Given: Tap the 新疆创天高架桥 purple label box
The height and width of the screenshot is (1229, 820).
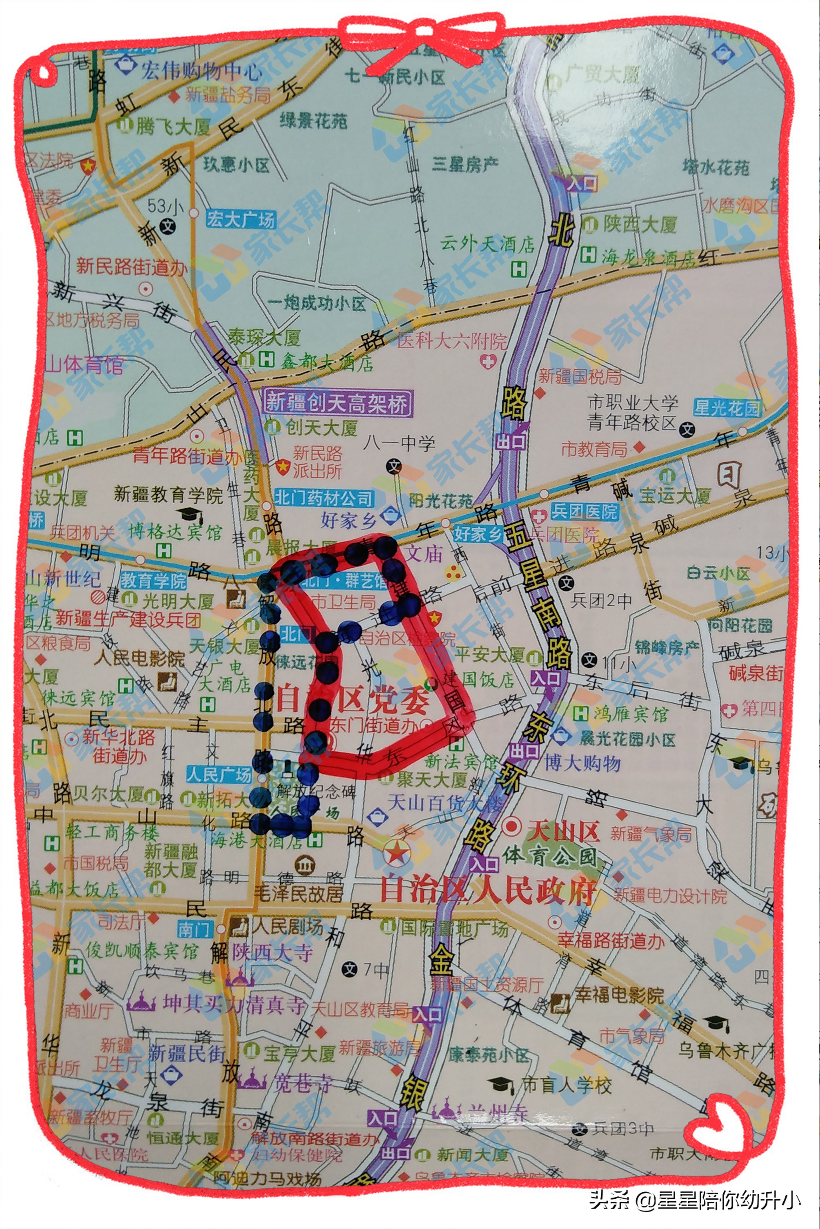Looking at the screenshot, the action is (338, 403).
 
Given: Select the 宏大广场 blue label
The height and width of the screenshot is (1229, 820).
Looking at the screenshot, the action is (241, 219).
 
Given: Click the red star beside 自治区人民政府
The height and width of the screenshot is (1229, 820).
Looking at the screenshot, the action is (397, 853).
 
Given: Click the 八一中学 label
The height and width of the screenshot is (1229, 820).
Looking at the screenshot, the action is (399, 444).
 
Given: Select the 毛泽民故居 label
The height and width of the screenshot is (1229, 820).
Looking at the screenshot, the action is (298, 893).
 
